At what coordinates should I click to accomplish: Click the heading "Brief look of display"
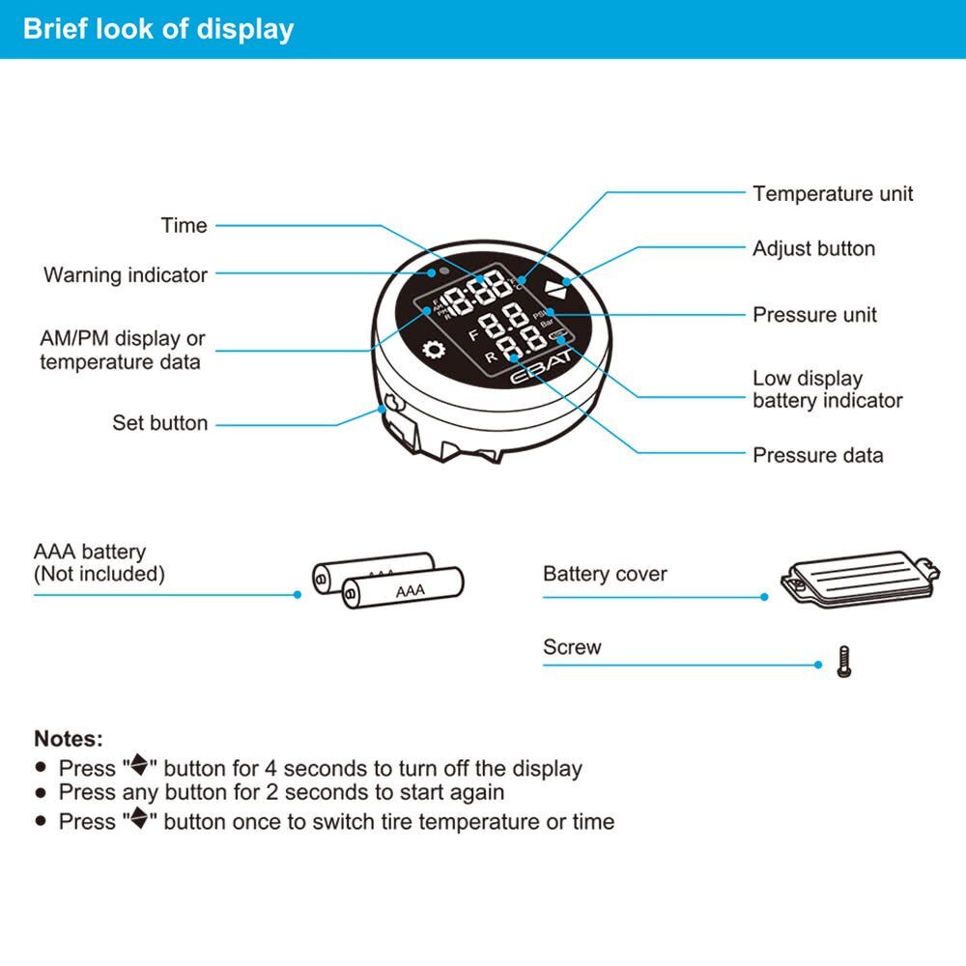[157, 28]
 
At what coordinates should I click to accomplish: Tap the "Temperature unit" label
[833, 193]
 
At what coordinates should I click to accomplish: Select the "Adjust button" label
[813, 248]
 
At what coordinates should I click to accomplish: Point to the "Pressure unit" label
[814, 314]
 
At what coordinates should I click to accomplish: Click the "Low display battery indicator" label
[827, 389]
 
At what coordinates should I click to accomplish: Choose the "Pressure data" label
[817, 454]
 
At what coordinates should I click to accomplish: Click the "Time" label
[184, 225]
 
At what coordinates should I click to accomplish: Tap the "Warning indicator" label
[125, 274]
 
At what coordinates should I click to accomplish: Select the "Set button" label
[159, 422]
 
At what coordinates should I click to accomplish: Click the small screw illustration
[843, 663]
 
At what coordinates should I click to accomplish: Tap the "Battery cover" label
[605, 574]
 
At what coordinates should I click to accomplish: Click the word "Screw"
[572, 646]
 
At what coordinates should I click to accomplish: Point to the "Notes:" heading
[68, 739]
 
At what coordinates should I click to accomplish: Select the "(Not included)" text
[99, 574]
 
